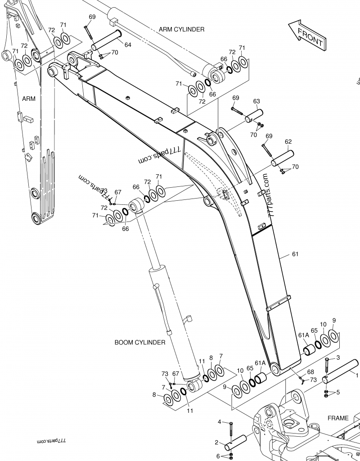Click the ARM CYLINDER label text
[181, 29]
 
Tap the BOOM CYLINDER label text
[140, 343]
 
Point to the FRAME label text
[337, 418]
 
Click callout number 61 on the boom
[295, 254]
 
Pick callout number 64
[128, 45]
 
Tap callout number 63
[256, 101]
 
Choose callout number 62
[288, 141]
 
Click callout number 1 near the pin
[357, 375]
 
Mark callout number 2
[216, 443]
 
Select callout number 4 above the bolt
[220, 422]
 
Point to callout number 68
[310, 372]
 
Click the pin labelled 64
[107, 40]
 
